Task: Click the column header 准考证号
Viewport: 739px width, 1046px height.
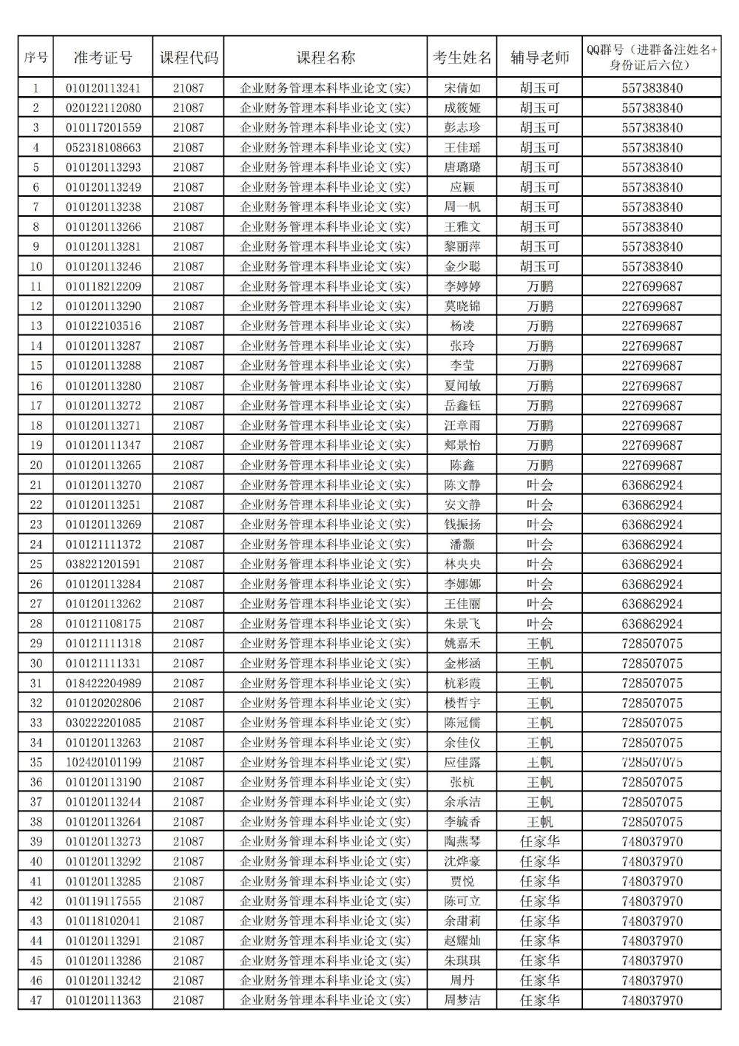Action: (103, 58)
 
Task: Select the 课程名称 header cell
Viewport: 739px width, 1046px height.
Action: (325, 58)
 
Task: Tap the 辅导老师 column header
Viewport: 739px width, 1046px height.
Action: (539, 58)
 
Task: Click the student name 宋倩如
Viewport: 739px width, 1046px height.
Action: (462, 88)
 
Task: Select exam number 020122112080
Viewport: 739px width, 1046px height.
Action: (103, 108)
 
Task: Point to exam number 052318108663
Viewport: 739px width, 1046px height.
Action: (103, 147)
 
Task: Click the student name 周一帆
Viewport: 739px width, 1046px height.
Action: (462, 207)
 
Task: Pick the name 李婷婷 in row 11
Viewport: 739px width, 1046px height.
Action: (462, 286)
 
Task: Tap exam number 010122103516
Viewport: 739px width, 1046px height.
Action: (103, 326)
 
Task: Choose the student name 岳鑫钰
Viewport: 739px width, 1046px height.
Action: (462, 405)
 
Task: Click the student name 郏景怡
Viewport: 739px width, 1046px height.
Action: (462, 445)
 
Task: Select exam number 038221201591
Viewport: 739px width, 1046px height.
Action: (103, 564)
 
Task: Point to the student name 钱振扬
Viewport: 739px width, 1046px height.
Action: (462, 524)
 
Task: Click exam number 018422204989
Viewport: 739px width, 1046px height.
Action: (103, 684)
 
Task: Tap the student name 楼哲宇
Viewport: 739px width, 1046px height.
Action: (462, 703)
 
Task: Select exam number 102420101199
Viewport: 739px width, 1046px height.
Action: (103, 763)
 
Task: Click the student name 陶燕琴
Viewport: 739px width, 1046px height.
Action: (462, 842)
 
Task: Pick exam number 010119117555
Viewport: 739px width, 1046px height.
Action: (103, 901)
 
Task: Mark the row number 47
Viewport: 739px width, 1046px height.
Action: (36, 1000)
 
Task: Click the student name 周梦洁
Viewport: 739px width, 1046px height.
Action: (462, 1000)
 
